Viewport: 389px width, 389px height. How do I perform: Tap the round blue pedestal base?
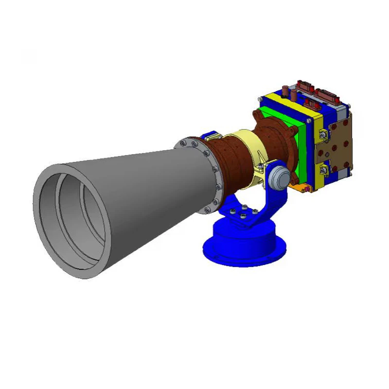pos(243,243)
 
